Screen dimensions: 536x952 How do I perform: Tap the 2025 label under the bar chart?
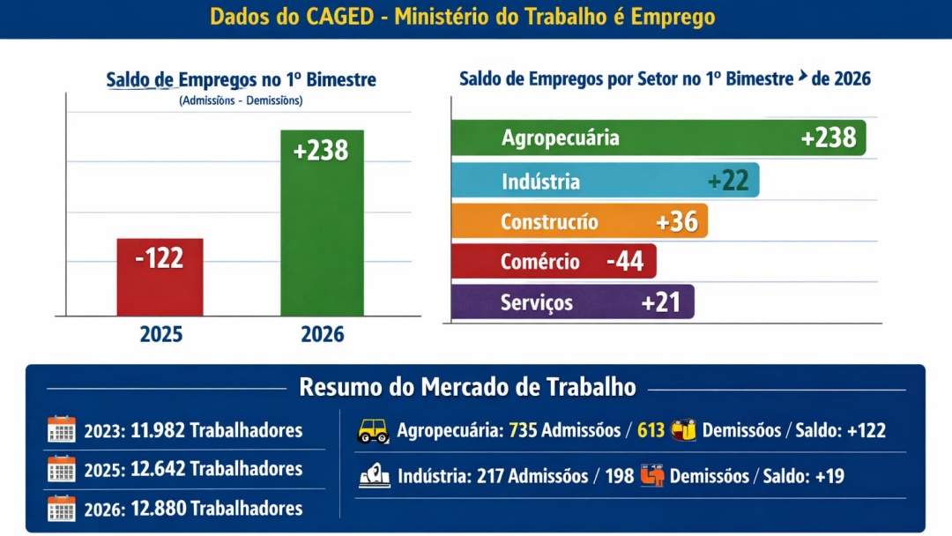pyautogui.click(x=160, y=335)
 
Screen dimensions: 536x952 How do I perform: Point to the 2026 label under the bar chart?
pyautogui.click(x=322, y=335)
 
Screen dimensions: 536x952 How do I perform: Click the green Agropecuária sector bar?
pyautogui.click(x=658, y=138)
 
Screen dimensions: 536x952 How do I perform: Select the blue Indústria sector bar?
pyautogui.click(x=604, y=181)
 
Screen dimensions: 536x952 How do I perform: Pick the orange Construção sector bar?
pyautogui.click(x=578, y=221)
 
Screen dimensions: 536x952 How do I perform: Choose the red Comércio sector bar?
pyautogui.click(x=553, y=261)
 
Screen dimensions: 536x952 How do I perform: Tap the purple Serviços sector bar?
pyautogui.click(x=571, y=302)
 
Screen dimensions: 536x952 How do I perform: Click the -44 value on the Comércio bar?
pyautogui.click(x=625, y=262)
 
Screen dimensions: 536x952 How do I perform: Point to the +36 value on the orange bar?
pyautogui.click(x=677, y=221)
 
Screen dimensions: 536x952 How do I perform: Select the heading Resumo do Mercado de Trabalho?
pyautogui.click(x=467, y=387)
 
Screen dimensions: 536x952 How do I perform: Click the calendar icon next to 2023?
pyautogui.click(x=62, y=430)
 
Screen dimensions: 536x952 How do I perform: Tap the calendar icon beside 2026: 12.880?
pyautogui.click(x=62, y=509)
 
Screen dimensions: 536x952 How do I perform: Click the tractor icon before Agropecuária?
pyautogui.click(x=373, y=431)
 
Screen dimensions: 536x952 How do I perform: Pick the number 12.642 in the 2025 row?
pyautogui.click(x=158, y=469)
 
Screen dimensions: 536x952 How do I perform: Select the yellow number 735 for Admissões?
pyautogui.click(x=523, y=430)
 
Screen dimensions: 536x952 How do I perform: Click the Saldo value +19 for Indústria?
pyautogui.click(x=829, y=476)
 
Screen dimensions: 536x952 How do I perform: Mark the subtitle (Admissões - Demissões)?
pyautogui.click(x=241, y=100)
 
